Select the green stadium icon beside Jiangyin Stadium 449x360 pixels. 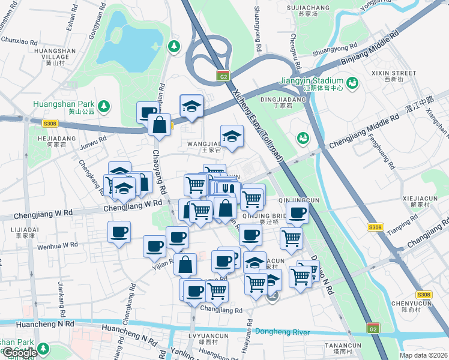352,81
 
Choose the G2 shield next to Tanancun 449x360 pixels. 373,329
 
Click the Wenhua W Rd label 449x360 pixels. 58,245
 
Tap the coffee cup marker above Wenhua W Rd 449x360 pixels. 119,232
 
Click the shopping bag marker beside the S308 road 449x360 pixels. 159,125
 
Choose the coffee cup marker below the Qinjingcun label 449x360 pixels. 297,211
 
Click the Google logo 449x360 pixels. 20,353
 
